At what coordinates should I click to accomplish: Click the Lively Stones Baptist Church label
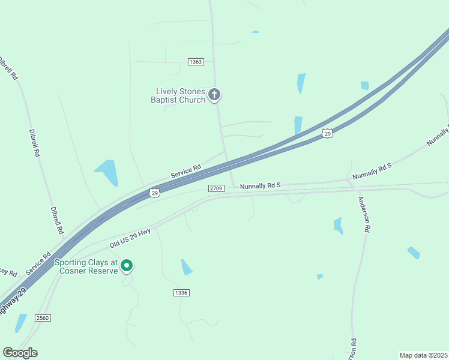[180, 95]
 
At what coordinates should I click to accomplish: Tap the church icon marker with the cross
[214, 94]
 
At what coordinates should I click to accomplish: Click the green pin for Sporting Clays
[127, 265]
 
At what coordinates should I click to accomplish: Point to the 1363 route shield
[196, 62]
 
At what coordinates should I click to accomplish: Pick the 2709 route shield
[217, 188]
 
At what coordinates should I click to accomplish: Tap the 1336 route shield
[181, 292]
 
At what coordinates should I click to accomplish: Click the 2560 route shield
[43, 317]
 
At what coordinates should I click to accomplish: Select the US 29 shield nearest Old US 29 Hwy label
[155, 193]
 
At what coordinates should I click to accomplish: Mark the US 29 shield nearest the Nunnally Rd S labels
[327, 134]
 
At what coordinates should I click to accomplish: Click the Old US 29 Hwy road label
[130, 238]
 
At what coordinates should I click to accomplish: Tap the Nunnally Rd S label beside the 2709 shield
[261, 187]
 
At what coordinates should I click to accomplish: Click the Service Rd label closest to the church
[185, 172]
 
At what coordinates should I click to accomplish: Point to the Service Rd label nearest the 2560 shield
[38, 264]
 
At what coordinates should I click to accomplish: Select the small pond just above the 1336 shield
[187, 267]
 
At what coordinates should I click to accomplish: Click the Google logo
[20, 353]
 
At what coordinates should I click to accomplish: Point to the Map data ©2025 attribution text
[423, 355]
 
